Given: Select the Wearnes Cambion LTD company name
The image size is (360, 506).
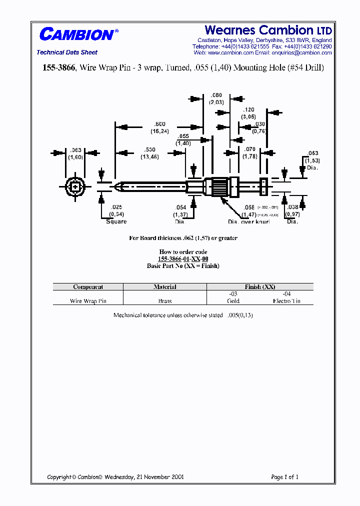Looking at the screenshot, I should [x=268, y=30].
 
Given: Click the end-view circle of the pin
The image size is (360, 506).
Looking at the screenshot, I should [x=75, y=187].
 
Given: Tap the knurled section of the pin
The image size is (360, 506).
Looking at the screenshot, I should [x=220, y=187].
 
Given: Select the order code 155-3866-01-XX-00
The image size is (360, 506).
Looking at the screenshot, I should [x=183, y=259].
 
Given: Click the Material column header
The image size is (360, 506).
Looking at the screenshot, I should [x=165, y=287].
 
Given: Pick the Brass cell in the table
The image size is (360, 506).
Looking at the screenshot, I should [x=165, y=301].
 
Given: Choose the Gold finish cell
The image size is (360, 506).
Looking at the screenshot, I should [x=233, y=301].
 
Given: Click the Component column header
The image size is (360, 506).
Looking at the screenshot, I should [x=88, y=287].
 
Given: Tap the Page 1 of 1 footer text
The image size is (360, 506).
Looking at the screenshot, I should [x=284, y=477].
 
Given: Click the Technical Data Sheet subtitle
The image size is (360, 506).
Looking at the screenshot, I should [x=67, y=52].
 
